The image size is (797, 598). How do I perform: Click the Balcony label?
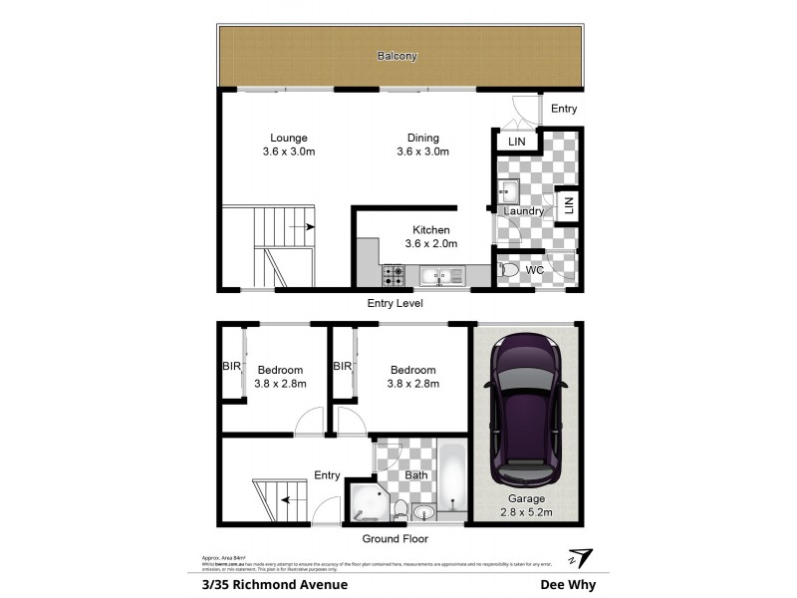[397, 57]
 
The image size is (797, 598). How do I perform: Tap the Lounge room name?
[289, 138]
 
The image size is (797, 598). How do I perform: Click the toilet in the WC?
[509, 270]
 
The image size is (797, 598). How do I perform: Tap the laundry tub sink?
[509, 190]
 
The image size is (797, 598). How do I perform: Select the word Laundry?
[524, 211]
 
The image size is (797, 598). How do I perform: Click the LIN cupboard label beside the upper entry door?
[517, 143]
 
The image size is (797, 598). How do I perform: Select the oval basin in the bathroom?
[422, 513]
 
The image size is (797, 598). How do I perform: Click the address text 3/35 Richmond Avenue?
[268, 585]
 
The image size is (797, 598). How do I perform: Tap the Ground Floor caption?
[395, 539]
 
